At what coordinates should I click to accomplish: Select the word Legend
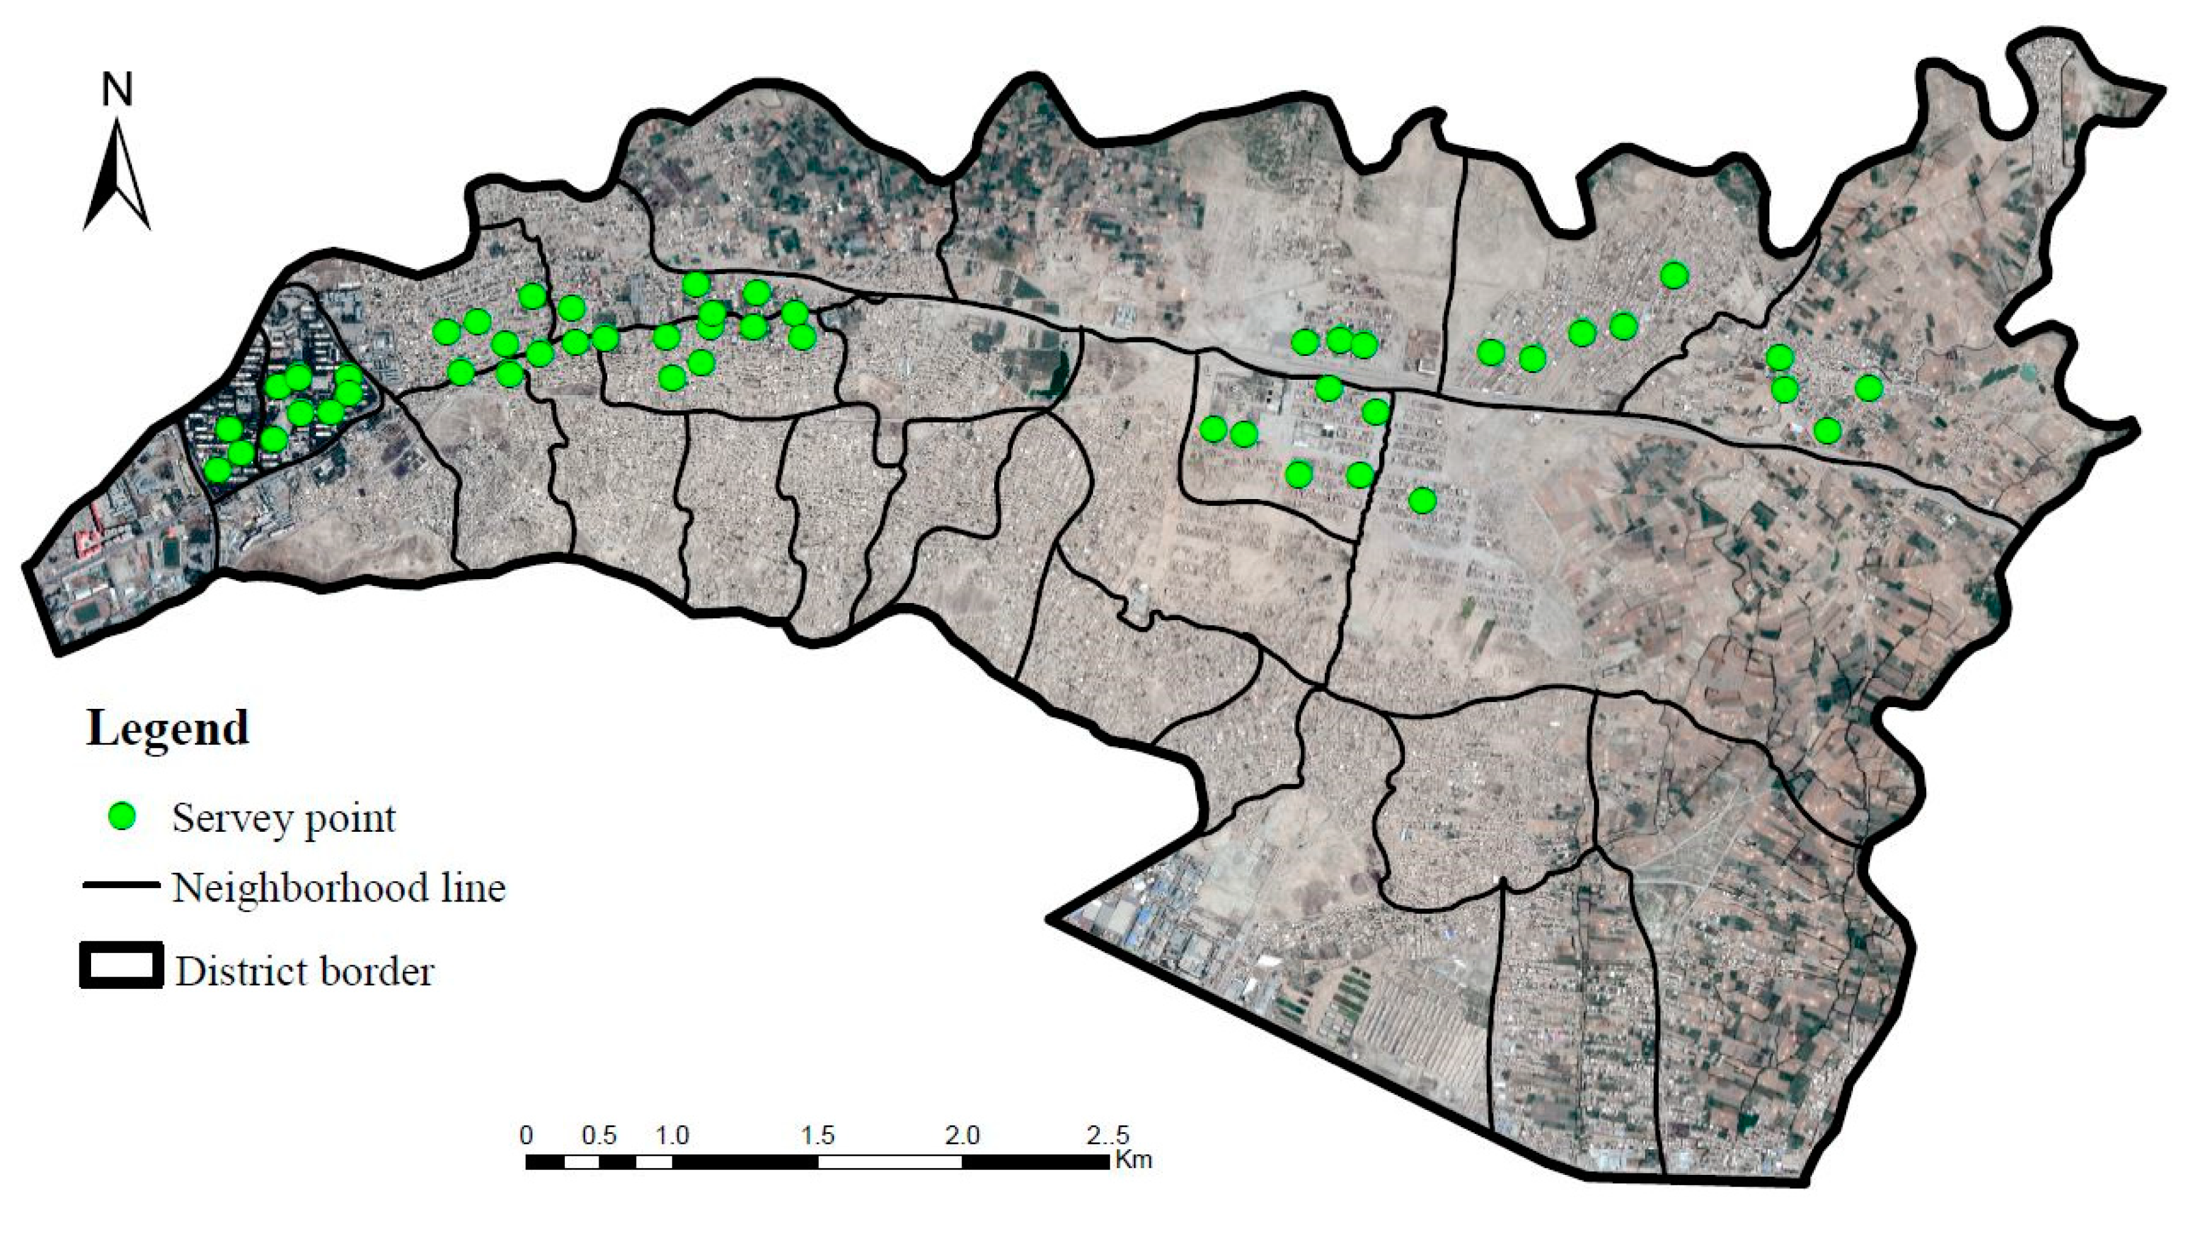pos(168,729)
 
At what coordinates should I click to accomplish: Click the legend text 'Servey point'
pos(284,818)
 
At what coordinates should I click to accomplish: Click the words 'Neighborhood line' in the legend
pos(339,887)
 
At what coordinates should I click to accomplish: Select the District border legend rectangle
pos(121,966)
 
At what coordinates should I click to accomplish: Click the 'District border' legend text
pos(305,971)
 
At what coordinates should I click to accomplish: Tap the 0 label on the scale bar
pos(527,1136)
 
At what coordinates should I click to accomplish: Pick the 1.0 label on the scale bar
pos(672,1136)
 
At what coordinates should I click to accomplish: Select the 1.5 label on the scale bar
pos(817,1136)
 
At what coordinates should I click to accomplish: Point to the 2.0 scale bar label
pos(962,1136)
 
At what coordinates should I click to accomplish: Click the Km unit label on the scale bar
pos(1132,1160)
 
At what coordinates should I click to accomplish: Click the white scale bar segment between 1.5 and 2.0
pos(890,1162)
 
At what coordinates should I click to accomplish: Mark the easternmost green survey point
pos(1869,388)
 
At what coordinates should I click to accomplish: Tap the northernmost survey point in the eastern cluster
pos(1674,275)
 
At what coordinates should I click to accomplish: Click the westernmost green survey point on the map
pos(218,469)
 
